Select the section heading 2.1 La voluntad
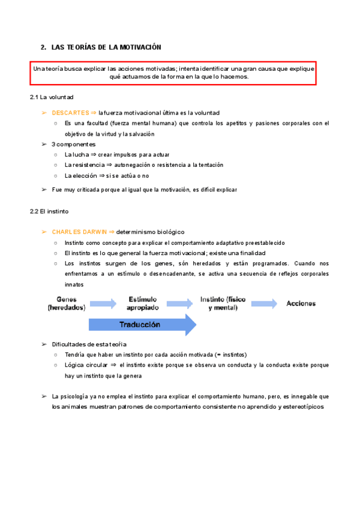(x=52, y=97)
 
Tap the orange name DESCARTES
(x=70, y=113)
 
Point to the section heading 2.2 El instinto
(x=49, y=211)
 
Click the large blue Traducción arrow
(x=142, y=325)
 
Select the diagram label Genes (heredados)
(x=67, y=303)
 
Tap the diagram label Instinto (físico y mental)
(x=223, y=303)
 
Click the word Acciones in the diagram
(x=301, y=303)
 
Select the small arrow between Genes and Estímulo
(x=103, y=304)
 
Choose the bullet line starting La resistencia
(x=143, y=165)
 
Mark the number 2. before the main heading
(x=43, y=47)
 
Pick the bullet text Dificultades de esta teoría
(x=89, y=344)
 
